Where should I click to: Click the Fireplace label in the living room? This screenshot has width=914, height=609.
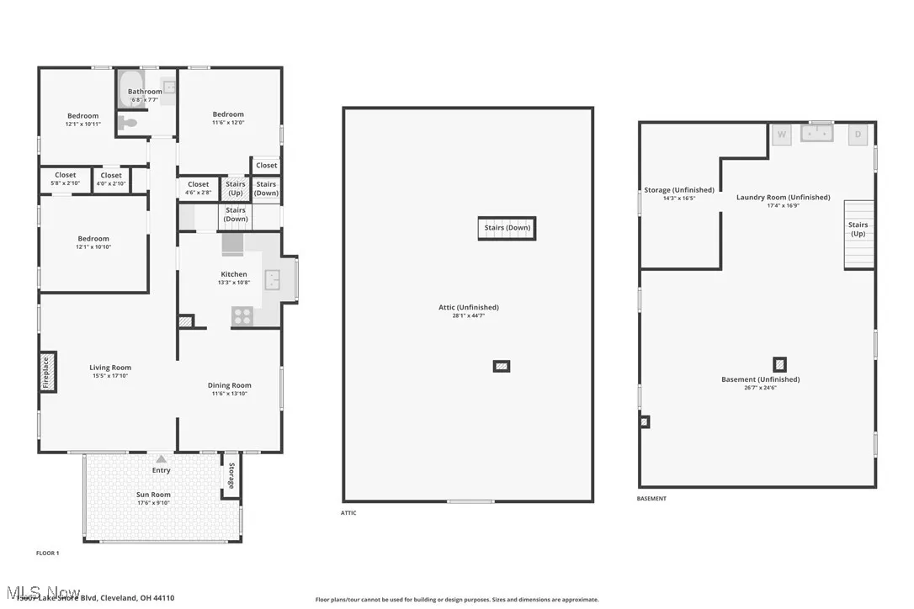[47, 372]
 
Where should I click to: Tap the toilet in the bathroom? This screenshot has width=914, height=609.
[128, 123]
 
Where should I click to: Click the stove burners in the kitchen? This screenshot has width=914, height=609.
[242, 316]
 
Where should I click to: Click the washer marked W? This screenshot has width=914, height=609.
[782, 135]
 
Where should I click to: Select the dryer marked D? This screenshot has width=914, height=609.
[858, 135]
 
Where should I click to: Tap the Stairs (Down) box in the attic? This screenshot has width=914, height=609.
[507, 228]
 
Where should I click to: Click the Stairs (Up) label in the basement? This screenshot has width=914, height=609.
[858, 229]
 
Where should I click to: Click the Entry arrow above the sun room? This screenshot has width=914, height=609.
[161, 459]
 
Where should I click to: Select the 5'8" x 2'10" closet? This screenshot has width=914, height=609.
[65, 179]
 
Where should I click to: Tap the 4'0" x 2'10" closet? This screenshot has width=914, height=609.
[111, 179]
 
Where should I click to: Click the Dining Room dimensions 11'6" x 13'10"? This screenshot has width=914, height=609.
[230, 394]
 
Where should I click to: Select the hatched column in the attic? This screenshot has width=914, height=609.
[502, 366]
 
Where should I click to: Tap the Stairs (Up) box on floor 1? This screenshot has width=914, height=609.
[236, 188]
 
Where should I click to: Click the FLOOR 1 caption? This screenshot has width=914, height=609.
[47, 553]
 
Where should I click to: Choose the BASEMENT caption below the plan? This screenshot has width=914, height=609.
[651, 499]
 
